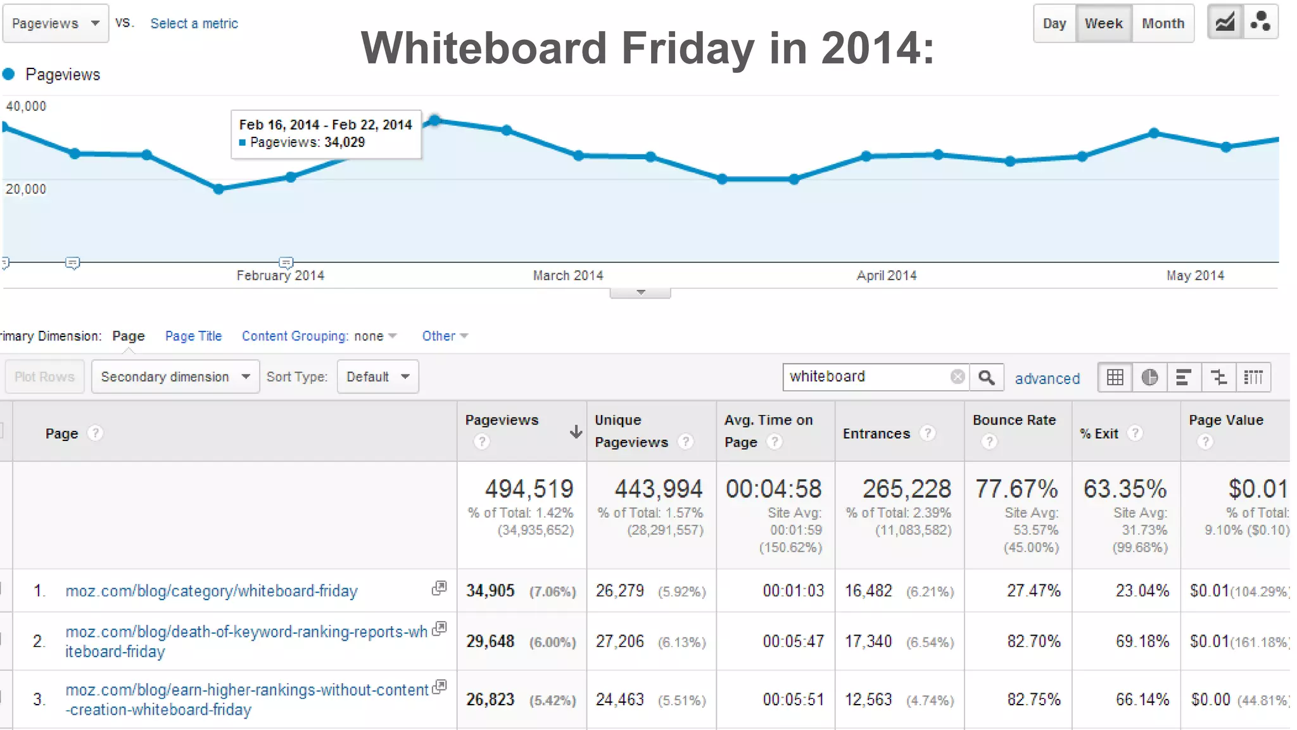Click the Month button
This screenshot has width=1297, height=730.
[1163, 23]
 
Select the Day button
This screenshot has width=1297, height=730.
[1054, 23]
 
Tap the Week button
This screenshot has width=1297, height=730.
[1103, 23]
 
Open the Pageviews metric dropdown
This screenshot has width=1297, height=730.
[55, 23]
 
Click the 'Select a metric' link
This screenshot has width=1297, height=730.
[194, 23]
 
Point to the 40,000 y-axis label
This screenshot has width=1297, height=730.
[26, 106]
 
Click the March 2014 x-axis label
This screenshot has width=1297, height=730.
[568, 276]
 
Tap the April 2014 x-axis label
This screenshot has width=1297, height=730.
[887, 276]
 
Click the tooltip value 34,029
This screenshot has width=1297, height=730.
[345, 143]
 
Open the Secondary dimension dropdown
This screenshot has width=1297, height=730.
[175, 377]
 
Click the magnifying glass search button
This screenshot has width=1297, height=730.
[986, 378]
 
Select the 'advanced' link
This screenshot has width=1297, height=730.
[1047, 378]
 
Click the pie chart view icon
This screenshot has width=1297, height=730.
[1149, 378]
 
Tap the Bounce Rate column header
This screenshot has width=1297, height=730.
[1014, 420]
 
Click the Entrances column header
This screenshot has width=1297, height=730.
[876, 433]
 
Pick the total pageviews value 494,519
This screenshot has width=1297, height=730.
[529, 489]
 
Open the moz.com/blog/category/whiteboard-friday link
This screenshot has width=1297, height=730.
[212, 591]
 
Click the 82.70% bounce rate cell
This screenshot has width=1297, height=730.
[1034, 641]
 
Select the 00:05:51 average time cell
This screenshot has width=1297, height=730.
[794, 700]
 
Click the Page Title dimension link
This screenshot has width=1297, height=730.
[193, 336]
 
